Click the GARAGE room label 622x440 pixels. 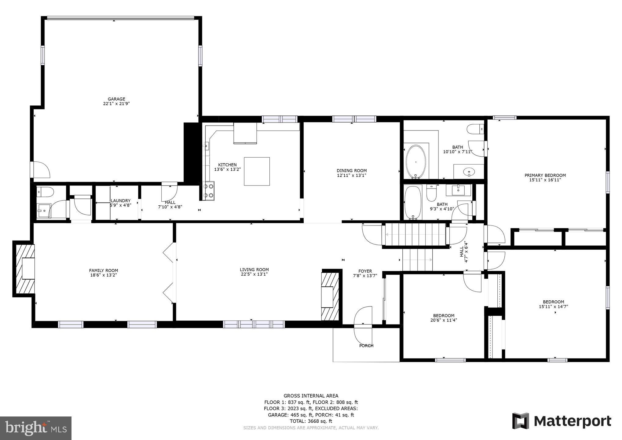(116, 99)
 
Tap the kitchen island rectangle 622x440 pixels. (257, 171)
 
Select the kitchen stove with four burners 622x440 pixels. (209, 191)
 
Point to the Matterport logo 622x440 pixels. (562, 421)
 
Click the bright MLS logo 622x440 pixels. (36, 428)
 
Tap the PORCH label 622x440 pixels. (366, 346)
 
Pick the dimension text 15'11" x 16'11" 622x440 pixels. (545, 180)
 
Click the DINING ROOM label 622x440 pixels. (352, 170)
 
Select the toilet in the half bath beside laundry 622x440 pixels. (45, 192)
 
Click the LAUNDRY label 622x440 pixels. (121, 201)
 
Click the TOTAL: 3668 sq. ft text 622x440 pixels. (311, 421)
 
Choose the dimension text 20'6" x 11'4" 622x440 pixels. (444, 320)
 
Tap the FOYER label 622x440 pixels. (365, 271)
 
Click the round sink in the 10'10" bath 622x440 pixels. (468, 172)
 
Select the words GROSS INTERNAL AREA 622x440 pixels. (311, 396)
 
